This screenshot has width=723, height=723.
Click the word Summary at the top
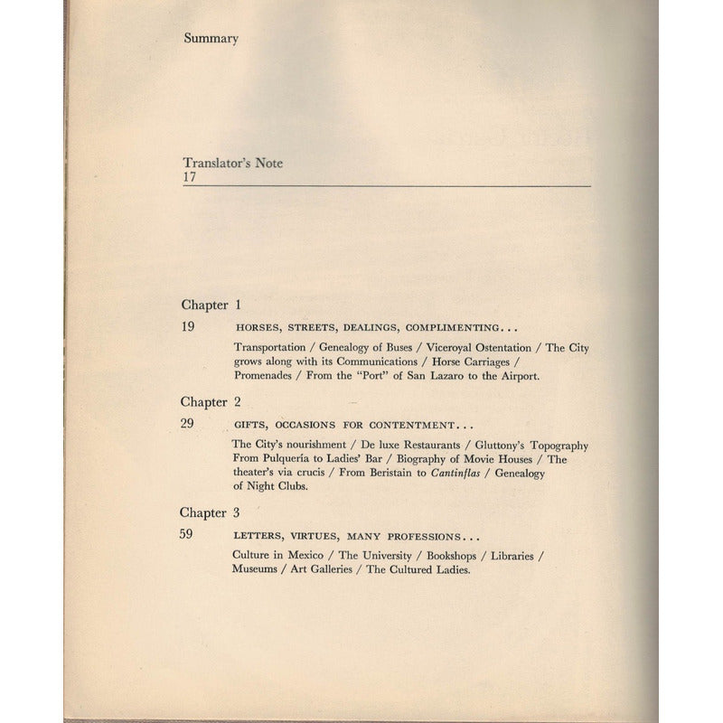(210, 39)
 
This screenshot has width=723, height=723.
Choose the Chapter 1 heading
(211, 305)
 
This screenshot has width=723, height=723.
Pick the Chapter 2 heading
(211, 402)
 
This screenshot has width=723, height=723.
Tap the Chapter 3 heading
(211, 512)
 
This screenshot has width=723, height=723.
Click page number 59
(189, 534)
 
